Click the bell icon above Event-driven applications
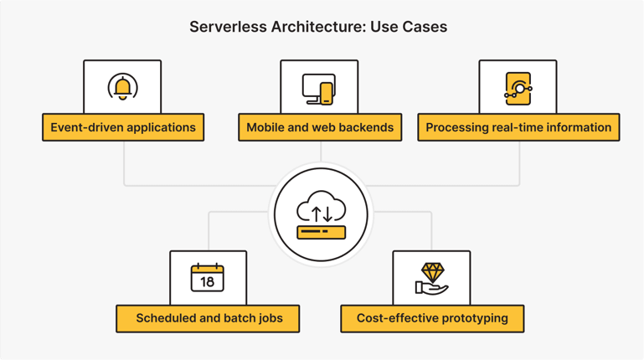123,87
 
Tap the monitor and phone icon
319,88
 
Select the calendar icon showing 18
208,277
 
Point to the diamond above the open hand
432,272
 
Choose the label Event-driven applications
123,127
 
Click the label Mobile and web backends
320,127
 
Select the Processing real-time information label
518,127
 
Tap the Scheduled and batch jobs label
209,318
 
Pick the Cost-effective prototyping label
432,318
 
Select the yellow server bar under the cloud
321,230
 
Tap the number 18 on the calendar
208,282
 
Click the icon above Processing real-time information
518,88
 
